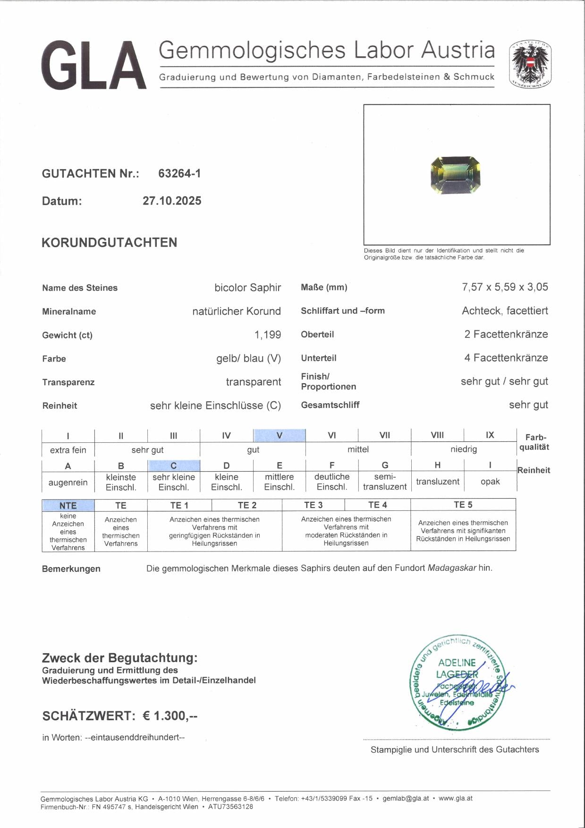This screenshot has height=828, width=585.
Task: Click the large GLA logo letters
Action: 93,65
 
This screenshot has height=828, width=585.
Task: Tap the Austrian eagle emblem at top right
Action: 530,64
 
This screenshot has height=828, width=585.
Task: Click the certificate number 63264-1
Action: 179,173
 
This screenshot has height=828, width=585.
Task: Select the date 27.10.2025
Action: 172,201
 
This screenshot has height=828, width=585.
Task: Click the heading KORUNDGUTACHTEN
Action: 110,242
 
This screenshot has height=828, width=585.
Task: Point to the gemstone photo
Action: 456,175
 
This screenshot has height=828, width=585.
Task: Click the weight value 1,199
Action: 268,335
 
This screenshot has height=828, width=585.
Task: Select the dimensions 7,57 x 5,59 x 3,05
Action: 505,287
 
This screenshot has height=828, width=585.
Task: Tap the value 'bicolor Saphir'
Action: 247,287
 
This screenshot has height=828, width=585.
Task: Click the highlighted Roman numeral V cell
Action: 280,435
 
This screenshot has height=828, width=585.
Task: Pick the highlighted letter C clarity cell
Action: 174,466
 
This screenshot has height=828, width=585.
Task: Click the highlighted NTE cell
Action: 68,506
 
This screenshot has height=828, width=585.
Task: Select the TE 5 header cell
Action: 463,505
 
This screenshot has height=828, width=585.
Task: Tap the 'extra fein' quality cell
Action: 68,450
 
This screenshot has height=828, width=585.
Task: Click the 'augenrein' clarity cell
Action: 68,483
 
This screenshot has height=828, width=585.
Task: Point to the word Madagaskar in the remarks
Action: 451,568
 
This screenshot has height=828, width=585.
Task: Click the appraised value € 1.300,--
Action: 170,716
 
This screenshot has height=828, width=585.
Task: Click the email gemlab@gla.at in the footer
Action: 406,798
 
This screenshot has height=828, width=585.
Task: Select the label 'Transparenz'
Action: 68,382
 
